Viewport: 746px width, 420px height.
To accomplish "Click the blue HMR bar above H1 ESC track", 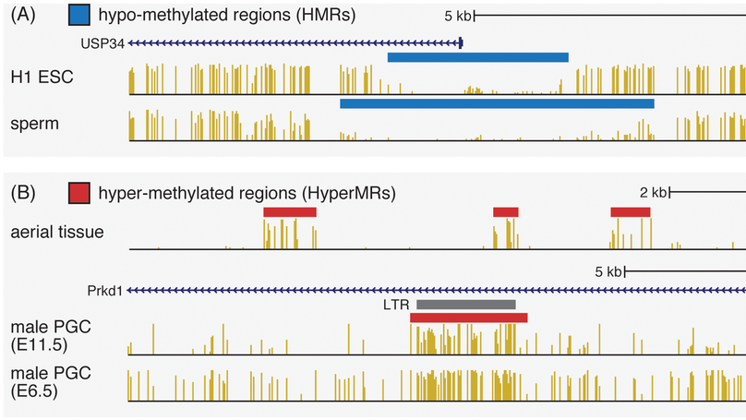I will [x=477, y=57].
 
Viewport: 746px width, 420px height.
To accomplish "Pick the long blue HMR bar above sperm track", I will [x=497, y=103].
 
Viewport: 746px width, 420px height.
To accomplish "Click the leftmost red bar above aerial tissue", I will [x=290, y=211].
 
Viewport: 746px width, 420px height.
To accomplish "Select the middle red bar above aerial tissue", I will [x=506, y=211].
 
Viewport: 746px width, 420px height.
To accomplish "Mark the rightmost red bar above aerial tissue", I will [x=631, y=211].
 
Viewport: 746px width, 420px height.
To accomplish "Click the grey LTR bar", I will [x=466, y=304].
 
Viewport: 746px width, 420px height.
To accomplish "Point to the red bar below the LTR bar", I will [x=469, y=318].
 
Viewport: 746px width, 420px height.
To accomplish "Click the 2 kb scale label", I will [x=653, y=193].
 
